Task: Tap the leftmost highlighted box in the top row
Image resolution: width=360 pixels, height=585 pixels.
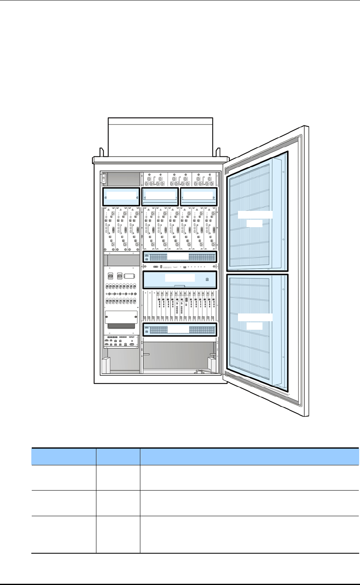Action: pos(121,196)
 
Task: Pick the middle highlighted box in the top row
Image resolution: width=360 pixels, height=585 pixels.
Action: pos(160,196)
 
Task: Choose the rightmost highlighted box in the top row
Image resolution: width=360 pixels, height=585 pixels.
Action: pos(199,196)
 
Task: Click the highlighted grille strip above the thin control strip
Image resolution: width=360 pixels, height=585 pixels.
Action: pos(179,257)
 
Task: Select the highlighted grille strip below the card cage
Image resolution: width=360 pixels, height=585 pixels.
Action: pos(179,329)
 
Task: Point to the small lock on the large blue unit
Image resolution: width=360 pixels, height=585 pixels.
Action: pos(207,279)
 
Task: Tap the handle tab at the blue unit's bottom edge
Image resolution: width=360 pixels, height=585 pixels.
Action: pos(179,287)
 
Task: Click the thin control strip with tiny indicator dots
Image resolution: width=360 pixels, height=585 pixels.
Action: pos(179,266)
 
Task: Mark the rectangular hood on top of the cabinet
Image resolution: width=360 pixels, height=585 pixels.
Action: pos(160,136)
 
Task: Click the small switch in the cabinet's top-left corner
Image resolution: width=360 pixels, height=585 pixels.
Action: pos(103,178)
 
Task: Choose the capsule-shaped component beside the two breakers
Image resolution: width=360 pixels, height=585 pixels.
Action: pos(129,276)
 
